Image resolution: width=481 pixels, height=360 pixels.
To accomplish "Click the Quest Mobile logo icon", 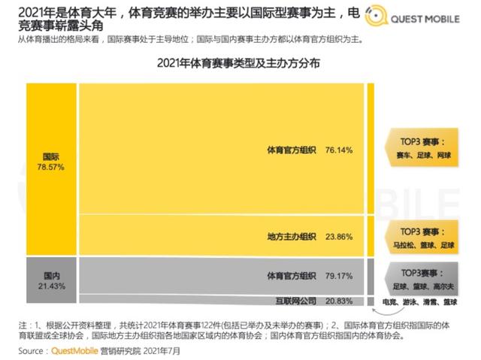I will [374, 16].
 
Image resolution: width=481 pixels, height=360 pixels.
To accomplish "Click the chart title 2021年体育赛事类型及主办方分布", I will [239, 64].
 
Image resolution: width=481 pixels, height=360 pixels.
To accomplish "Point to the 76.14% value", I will [339, 150].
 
